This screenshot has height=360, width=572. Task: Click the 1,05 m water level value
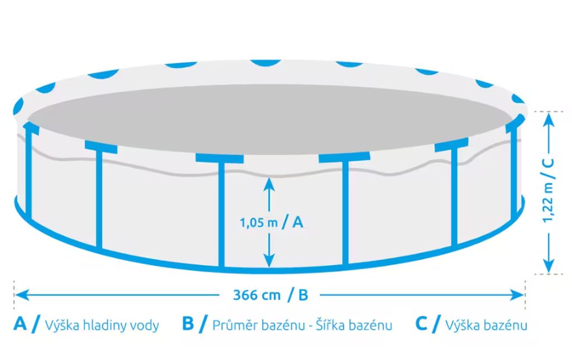[259, 222]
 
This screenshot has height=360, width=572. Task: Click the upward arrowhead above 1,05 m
[269, 182]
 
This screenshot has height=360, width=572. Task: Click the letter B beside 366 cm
[303, 295]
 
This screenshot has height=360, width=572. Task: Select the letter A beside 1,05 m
[298, 222]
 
